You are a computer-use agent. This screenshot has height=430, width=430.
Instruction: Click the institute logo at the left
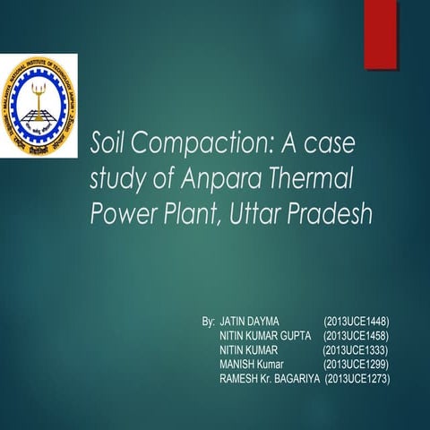tap(39, 105)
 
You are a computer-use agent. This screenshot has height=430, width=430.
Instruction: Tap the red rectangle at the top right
tap(380, 33)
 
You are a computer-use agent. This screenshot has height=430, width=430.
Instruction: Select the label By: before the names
tap(208, 320)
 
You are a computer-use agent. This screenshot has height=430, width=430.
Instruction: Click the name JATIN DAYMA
tap(250, 320)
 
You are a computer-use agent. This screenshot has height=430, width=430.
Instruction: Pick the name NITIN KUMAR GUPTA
tap(265, 335)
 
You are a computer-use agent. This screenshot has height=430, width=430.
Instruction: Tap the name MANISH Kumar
tap(251, 365)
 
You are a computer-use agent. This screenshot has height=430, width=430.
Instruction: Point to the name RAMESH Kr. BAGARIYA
tap(269, 379)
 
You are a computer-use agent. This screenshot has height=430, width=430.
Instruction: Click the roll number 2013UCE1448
tap(356, 320)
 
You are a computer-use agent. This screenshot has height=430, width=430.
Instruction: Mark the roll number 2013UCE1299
tap(356, 365)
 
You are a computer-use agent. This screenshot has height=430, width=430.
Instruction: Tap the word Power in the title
tap(122, 216)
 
